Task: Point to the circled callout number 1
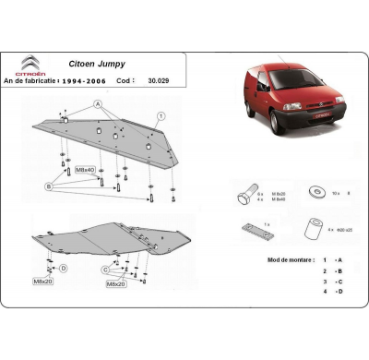(x=161, y=115)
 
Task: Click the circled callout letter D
(x=64, y=268)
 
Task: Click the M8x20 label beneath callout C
(x=115, y=284)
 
